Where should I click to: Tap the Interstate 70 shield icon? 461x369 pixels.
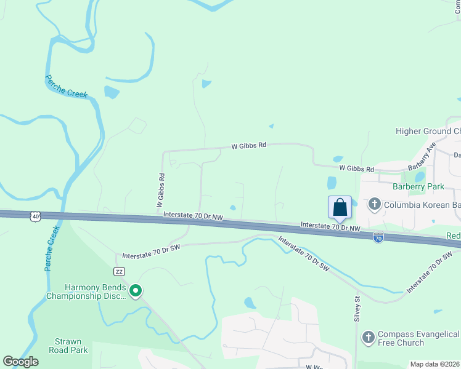[x=378, y=237]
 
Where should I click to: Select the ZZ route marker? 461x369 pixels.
[x=120, y=271]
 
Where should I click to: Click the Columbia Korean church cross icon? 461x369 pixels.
[x=374, y=204]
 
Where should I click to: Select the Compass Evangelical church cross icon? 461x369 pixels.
[x=368, y=337]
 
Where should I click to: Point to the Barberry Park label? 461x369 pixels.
[x=418, y=186]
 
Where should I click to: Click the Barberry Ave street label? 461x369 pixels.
[x=422, y=156]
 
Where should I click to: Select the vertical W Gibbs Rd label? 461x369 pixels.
[x=161, y=189]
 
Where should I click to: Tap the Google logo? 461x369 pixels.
[x=20, y=362]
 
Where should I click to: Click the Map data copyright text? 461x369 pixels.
[x=434, y=364]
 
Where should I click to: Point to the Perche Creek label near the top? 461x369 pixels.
[x=67, y=86]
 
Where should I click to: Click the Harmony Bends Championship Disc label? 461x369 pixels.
[x=86, y=292]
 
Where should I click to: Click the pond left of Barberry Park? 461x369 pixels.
[x=332, y=183]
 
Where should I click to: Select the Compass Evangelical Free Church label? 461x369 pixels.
[x=419, y=338]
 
